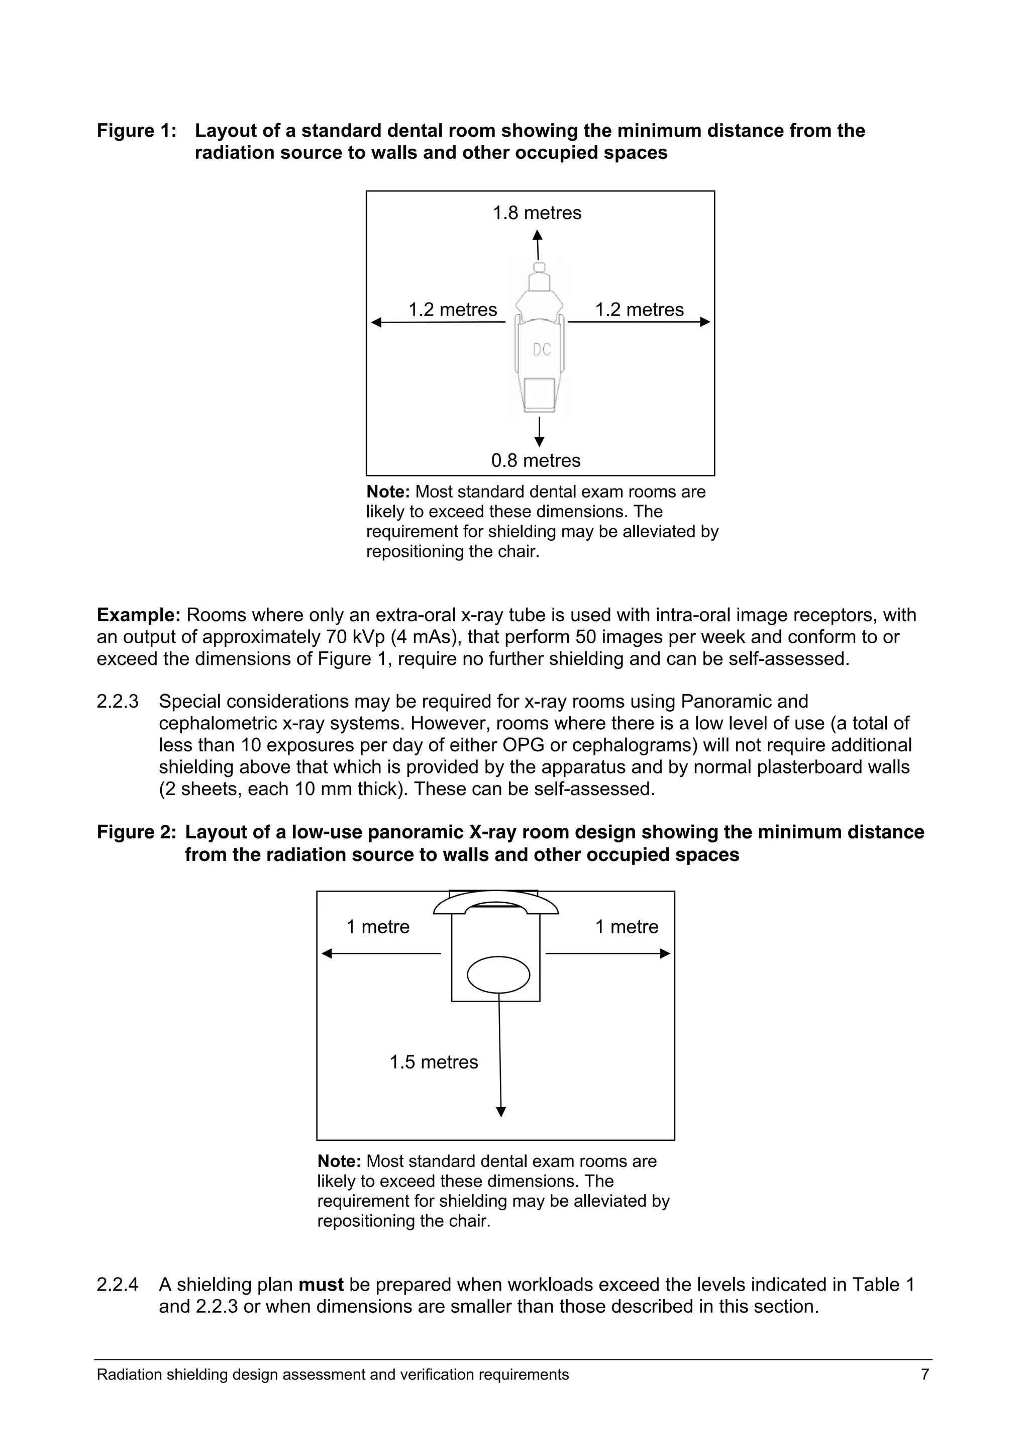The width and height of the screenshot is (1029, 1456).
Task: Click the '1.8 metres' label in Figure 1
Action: pyautogui.click(x=537, y=213)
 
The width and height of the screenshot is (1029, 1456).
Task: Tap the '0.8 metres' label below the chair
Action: pyautogui.click(x=536, y=460)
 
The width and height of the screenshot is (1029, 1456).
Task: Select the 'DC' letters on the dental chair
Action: pyautogui.click(x=542, y=349)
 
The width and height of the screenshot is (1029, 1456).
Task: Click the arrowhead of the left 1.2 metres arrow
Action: pyautogui.click(x=376, y=322)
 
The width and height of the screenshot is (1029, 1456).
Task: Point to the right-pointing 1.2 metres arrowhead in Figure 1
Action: pyautogui.click(x=705, y=322)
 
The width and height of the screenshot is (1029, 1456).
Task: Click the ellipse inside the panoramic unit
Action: pyautogui.click(x=498, y=975)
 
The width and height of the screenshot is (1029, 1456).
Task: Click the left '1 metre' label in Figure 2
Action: pyautogui.click(x=378, y=927)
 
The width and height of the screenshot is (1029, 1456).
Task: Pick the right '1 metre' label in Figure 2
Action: pyautogui.click(x=627, y=927)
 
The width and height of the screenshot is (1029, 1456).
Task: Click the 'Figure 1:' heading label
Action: pyautogui.click(x=136, y=131)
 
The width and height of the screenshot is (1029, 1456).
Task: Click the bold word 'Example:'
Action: pyautogui.click(x=139, y=615)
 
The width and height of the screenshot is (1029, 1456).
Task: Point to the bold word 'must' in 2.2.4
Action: pyautogui.click(x=321, y=1285)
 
